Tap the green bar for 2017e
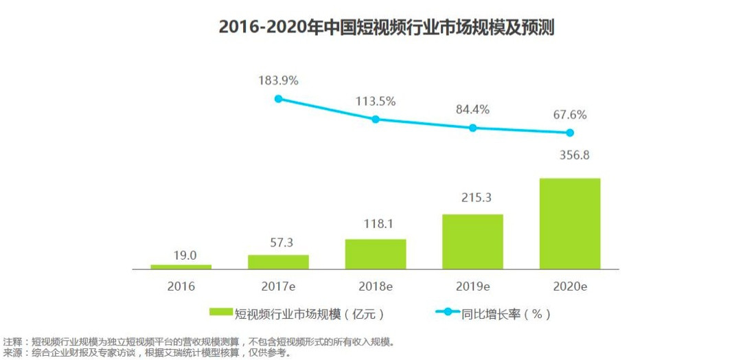[x=278, y=262]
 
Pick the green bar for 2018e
[x=376, y=254]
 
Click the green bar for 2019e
[x=472, y=241]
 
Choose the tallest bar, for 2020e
[x=570, y=223]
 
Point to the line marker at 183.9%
[x=278, y=98]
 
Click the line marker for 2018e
[x=376, y=119]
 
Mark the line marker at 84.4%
[x=472, y=128]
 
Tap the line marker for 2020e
[x=570, y=133]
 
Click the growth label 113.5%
[x=376, y=101]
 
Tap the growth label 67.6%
[x=570, y=115]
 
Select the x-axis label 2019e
[x=472, y=286]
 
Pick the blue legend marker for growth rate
[x=448, y=313]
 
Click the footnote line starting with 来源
[x=148, y=353]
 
